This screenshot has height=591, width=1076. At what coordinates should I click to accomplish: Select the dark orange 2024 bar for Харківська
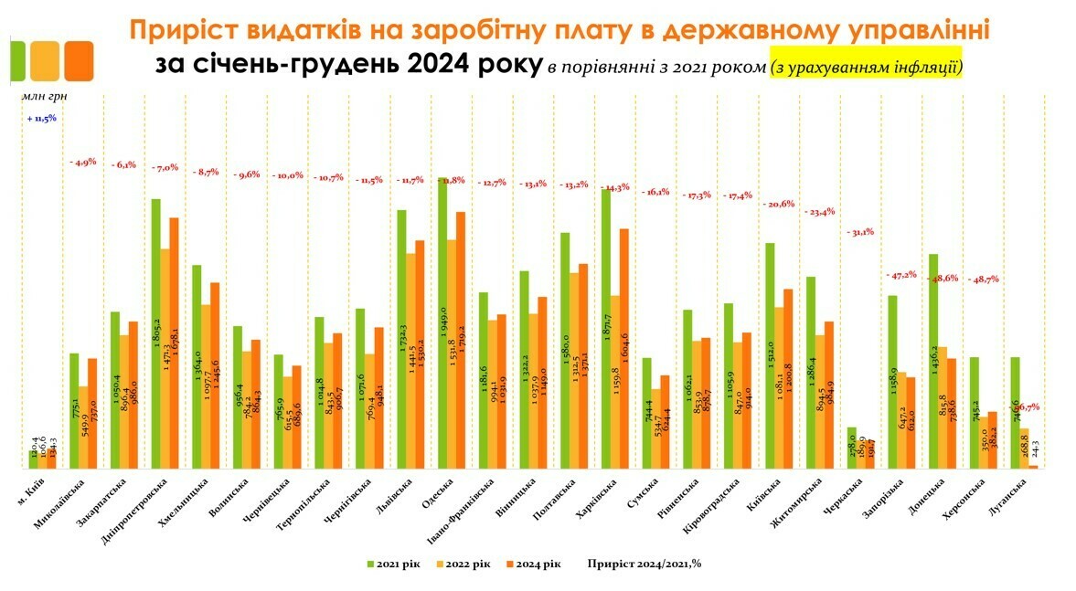coord(623,347)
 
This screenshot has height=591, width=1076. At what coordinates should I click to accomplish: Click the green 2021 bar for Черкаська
coord(852,448)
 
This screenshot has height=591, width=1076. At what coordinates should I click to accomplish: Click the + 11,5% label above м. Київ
coord(42,118)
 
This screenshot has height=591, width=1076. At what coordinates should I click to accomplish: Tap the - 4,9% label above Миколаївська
coord(83,162)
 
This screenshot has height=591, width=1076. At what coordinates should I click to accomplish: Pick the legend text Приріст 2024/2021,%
coord(645,564)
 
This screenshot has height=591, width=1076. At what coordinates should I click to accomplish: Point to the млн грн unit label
coord(42,94)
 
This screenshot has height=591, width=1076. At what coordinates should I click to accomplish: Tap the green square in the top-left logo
coord(17,61)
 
